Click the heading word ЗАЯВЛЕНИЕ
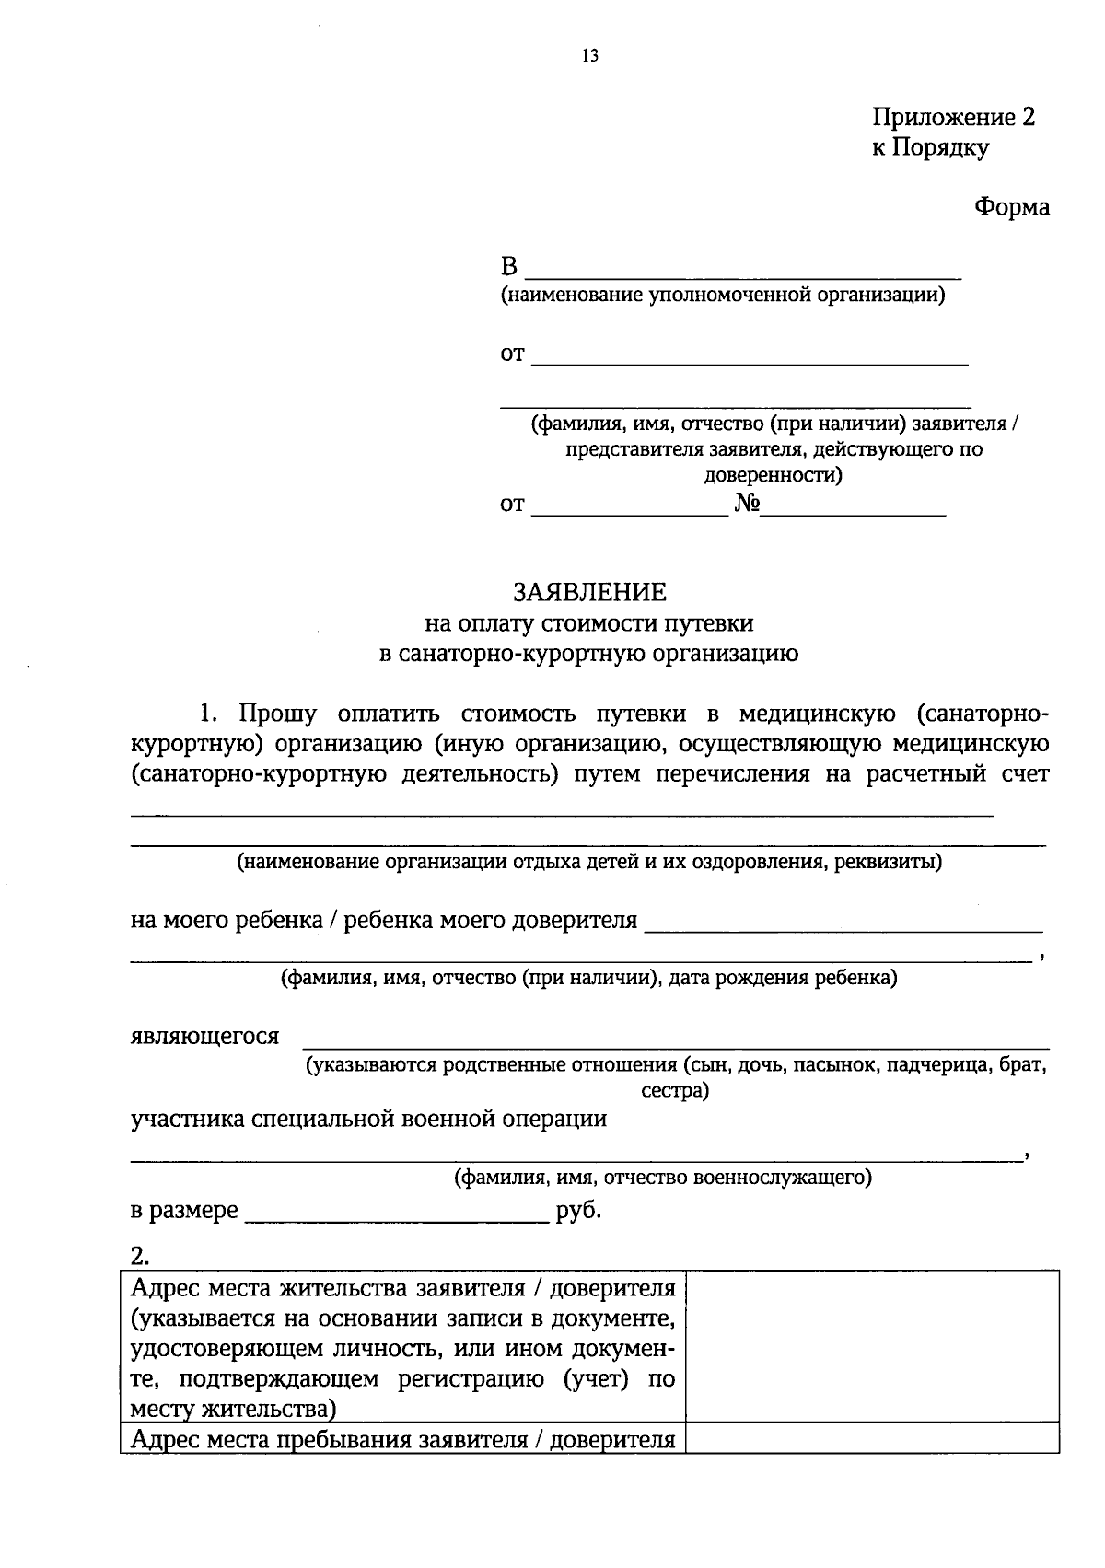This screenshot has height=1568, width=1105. coord(589,591)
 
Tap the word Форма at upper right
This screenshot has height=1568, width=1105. coord(1012,207)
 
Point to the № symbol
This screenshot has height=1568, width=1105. coord(746,504)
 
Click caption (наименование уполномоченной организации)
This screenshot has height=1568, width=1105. coord(723,296)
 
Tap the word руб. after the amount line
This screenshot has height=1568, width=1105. coord(579,1210)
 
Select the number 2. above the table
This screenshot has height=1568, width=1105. coord(140,1255)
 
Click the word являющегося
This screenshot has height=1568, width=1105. coord(204,1036)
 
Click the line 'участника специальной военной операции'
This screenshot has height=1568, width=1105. coord(369,1119)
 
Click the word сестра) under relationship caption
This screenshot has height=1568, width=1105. coord(675,1092)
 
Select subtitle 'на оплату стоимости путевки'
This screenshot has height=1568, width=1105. coord(589,623)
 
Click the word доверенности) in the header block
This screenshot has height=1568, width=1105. coord(773,476)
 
